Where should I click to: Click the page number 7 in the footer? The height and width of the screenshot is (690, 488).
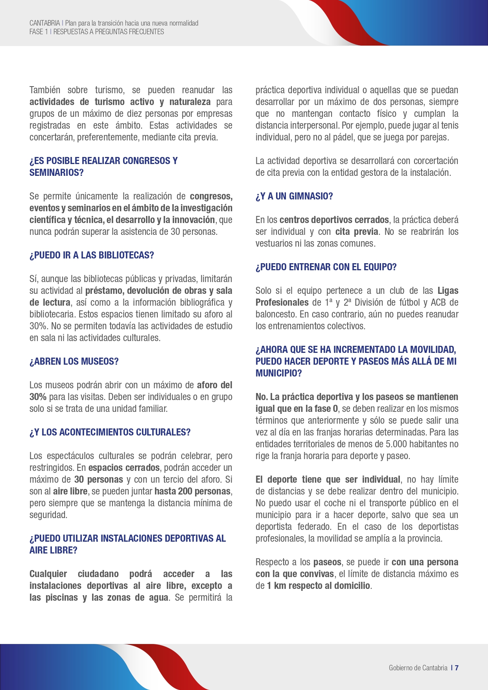[x=457, y=668]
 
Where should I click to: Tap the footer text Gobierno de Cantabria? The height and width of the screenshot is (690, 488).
[x=418, y=668]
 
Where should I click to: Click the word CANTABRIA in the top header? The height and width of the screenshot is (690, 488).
[x=44, y=23]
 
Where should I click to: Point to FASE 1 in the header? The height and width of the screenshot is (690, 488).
[x=39, y=32]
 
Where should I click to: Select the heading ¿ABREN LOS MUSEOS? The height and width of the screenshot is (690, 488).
[x=74, y=362]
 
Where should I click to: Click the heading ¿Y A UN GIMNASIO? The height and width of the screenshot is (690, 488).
[x=294, y=196]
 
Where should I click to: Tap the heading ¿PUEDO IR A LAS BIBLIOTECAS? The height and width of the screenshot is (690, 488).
[x=92, y=255]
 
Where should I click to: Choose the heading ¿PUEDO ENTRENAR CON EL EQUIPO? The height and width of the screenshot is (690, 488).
[x=326, y=267]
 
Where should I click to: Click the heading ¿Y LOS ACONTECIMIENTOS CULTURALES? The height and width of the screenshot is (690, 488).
[x=110, y=432]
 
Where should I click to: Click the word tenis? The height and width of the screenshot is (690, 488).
[x=449, y=125]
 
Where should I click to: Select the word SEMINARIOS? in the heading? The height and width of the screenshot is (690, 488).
[x=57, y=173]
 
